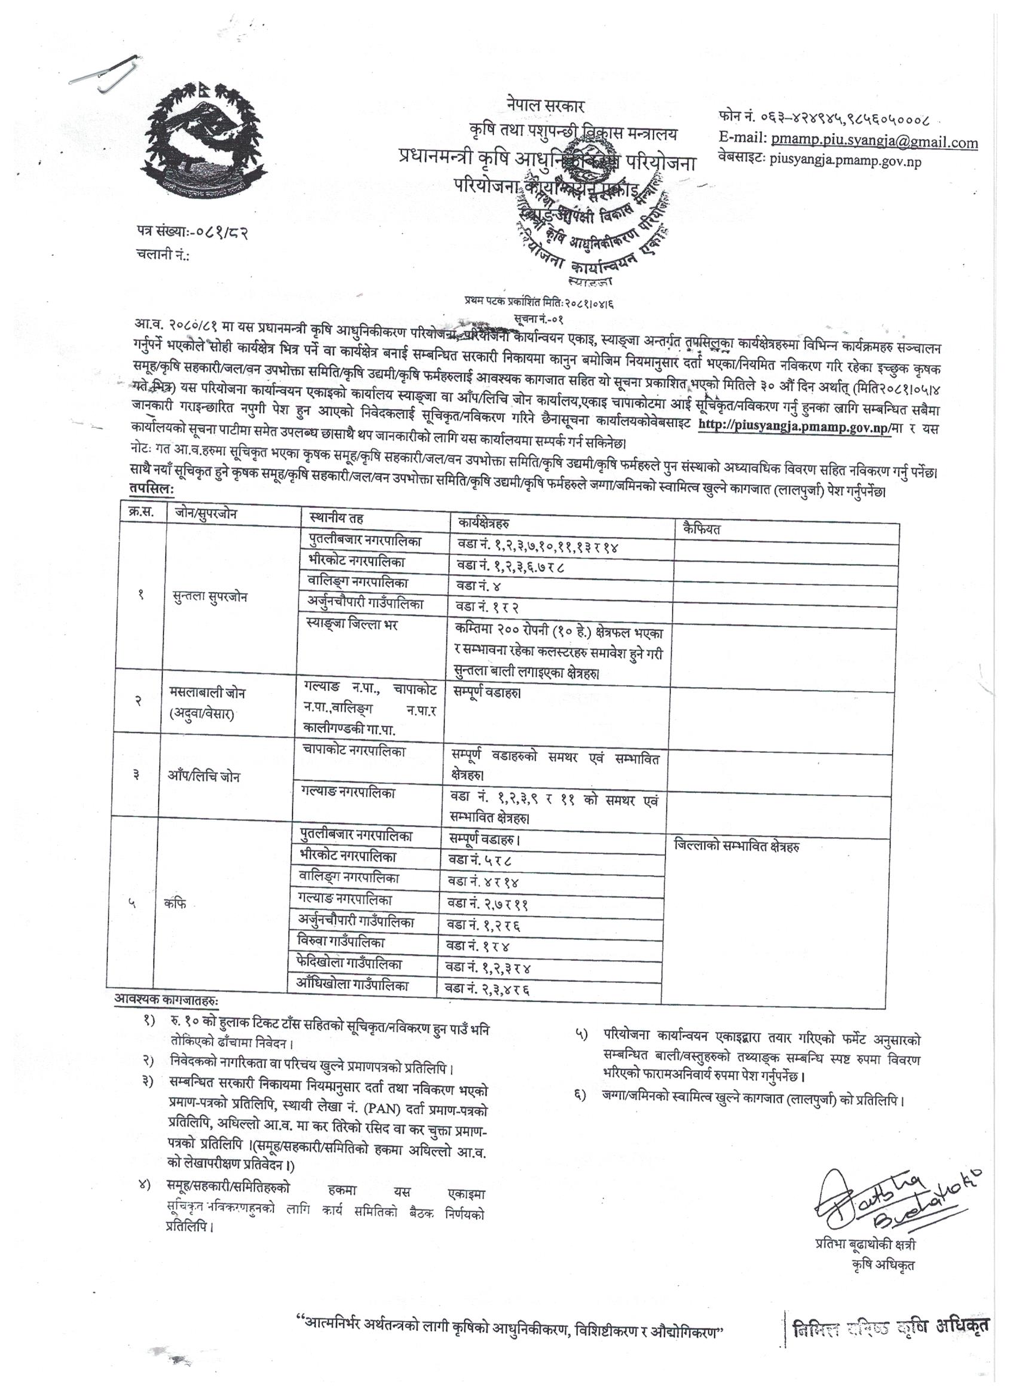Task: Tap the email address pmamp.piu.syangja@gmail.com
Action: pyautogui.click(x=873, y=142)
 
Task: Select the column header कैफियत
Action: pyautogui.click(x=701, y=528)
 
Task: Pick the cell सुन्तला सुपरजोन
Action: pyautogui.click(x=210, y=596)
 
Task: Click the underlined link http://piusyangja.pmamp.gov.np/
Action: pyautogui.click(x=794, y=426)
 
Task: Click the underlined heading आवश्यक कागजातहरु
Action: pyautogui.click(x=166, y=998)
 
